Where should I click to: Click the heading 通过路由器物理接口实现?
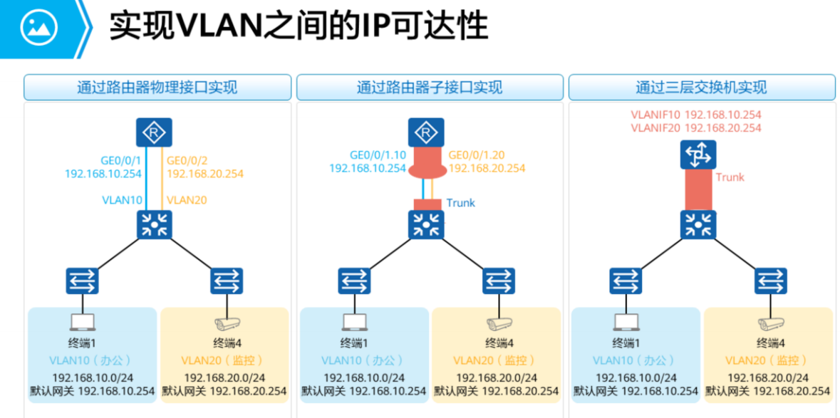(157, 87)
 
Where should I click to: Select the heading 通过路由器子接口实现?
(430, 87)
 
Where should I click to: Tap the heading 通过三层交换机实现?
(701, 87)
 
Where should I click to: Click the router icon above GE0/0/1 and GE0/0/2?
(154, 132)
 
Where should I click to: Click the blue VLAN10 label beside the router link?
(122, 200)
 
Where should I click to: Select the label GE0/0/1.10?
(378, 155)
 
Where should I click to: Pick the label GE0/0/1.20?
(476, 155)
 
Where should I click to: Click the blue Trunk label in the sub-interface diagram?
(460, 203)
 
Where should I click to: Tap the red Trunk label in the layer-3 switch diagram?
(730, 177)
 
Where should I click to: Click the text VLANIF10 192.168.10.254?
(696, 115)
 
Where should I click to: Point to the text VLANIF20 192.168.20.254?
(696, 128)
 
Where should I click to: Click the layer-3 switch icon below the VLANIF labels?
(698, 154)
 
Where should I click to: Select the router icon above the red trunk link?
(427, 132)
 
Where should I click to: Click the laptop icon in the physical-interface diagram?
(83, 322)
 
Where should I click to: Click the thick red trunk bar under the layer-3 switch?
(698, 189)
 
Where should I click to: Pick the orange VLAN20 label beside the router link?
(187, 200)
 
